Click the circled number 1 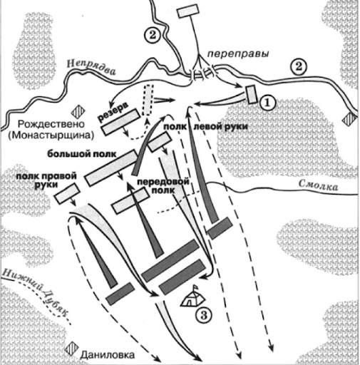(x=268, y=103)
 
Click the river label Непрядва (x=92, y=67)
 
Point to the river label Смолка (x=318, y=185)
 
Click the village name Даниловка (x=108, y=355)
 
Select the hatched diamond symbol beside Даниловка (x=71, y=349)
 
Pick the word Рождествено (x=51, y=124)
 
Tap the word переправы (x=238, y=54)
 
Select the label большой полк (x=82, y=154)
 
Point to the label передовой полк (x=163, y=186)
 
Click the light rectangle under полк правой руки (x=67, y=193)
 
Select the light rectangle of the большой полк (x=111, y=168)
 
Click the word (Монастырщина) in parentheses (x=51, y=135)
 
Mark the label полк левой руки (x=206, y=127)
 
